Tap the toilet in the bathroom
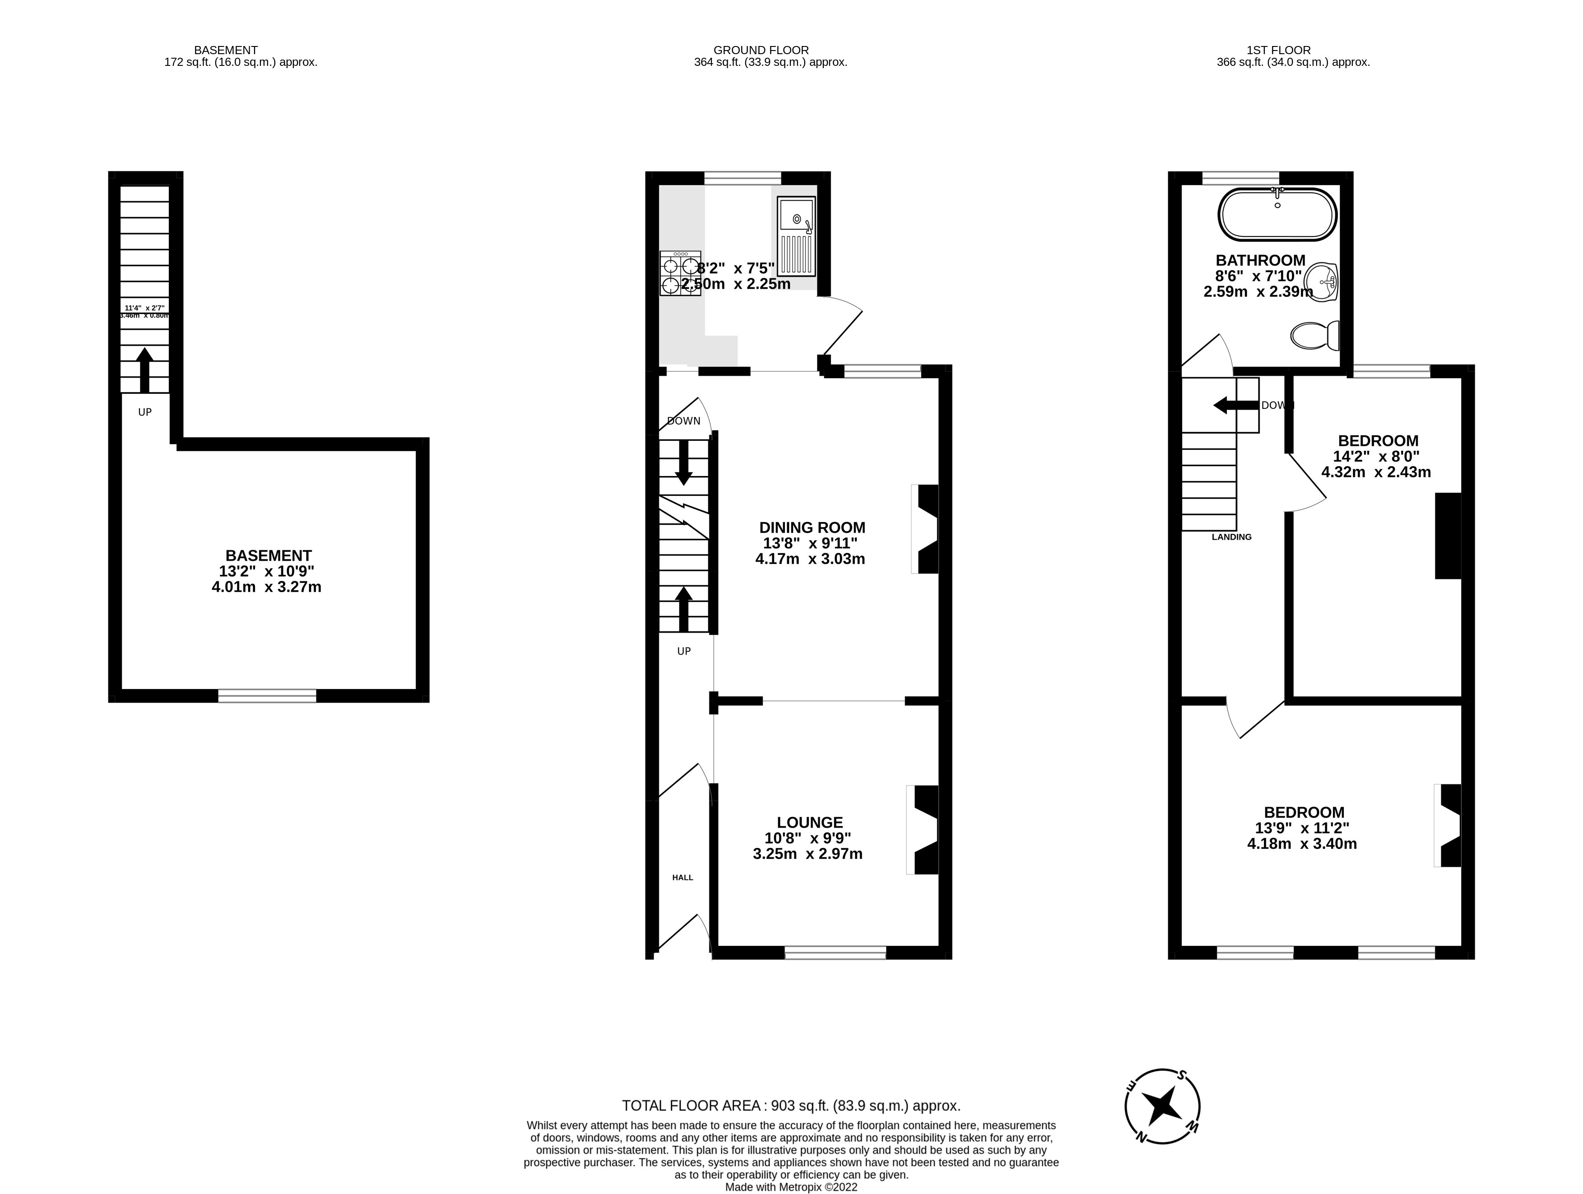coord(1315,335)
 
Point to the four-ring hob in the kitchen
coord(680,273)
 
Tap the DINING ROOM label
coord(812,527)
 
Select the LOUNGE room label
coord(809,823)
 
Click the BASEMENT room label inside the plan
coord(269,555)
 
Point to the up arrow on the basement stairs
coord(144,368)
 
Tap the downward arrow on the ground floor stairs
coord(683,462)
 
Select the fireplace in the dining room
coord(926,529)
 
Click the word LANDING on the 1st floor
coord(1231,537)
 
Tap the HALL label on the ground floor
coord(682,877)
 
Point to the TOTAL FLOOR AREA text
coord(791,1105)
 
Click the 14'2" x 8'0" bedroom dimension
coord(1375,456)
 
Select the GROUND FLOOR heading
coord(761,50)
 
